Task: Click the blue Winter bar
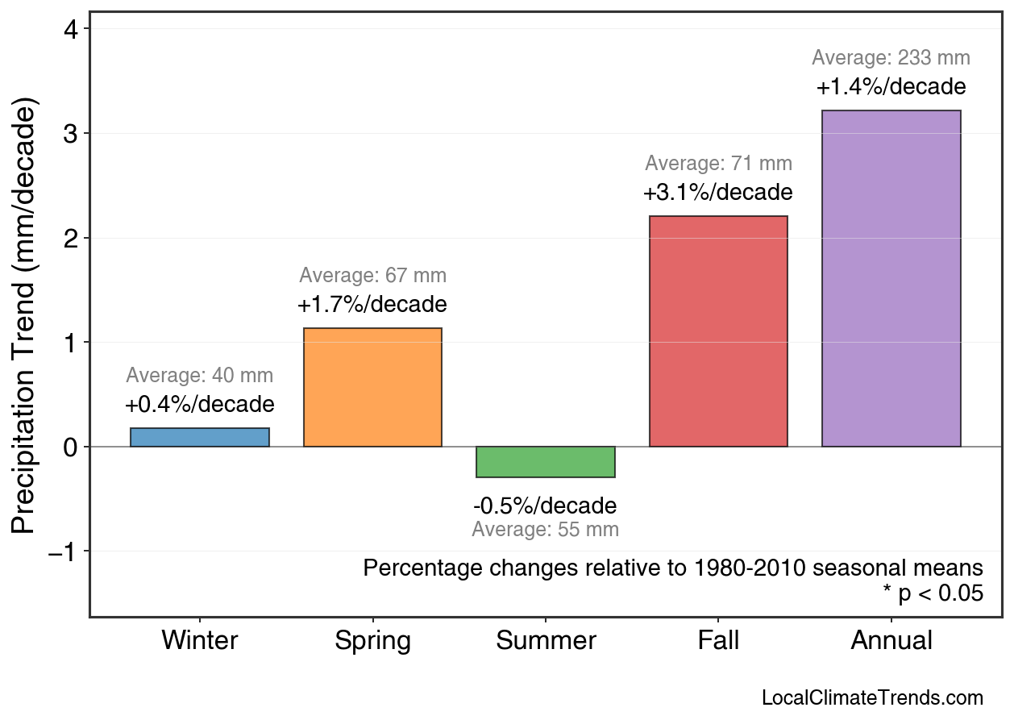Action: [x=200, y=437]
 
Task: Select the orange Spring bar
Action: [x=372, y=387]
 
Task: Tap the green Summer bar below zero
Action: [x=546, y=462]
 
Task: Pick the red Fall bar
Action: [x=718, y=331]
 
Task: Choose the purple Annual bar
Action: [x=891, y=278]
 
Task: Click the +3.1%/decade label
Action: [x=718, y=194]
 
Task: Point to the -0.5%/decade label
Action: [x=545, y=506]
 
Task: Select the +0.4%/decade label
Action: [x=200, y=404]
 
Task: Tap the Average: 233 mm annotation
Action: [x=891, y=58]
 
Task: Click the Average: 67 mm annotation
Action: [x=372, y=276]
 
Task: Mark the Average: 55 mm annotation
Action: [x=545, y=530]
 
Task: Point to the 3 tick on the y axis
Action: [x=72, y=133]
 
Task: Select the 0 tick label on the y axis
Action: [x=72, y=447]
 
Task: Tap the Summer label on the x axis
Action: [x=546, y=641]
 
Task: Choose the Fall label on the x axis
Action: [x=718, y=641]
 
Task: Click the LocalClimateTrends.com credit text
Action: [x=872, y=697]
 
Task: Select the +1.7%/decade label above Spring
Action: [x=372, y=306]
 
